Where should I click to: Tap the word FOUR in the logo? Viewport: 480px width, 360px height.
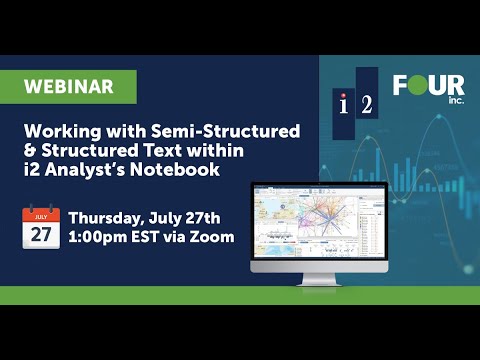[428, 86]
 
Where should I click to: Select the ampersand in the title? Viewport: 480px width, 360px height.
[30, 151]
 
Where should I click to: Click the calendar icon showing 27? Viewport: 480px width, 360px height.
[41, 228]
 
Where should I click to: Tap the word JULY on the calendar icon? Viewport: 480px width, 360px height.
[41, 214]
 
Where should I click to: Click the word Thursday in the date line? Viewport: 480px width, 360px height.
[110, 218]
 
